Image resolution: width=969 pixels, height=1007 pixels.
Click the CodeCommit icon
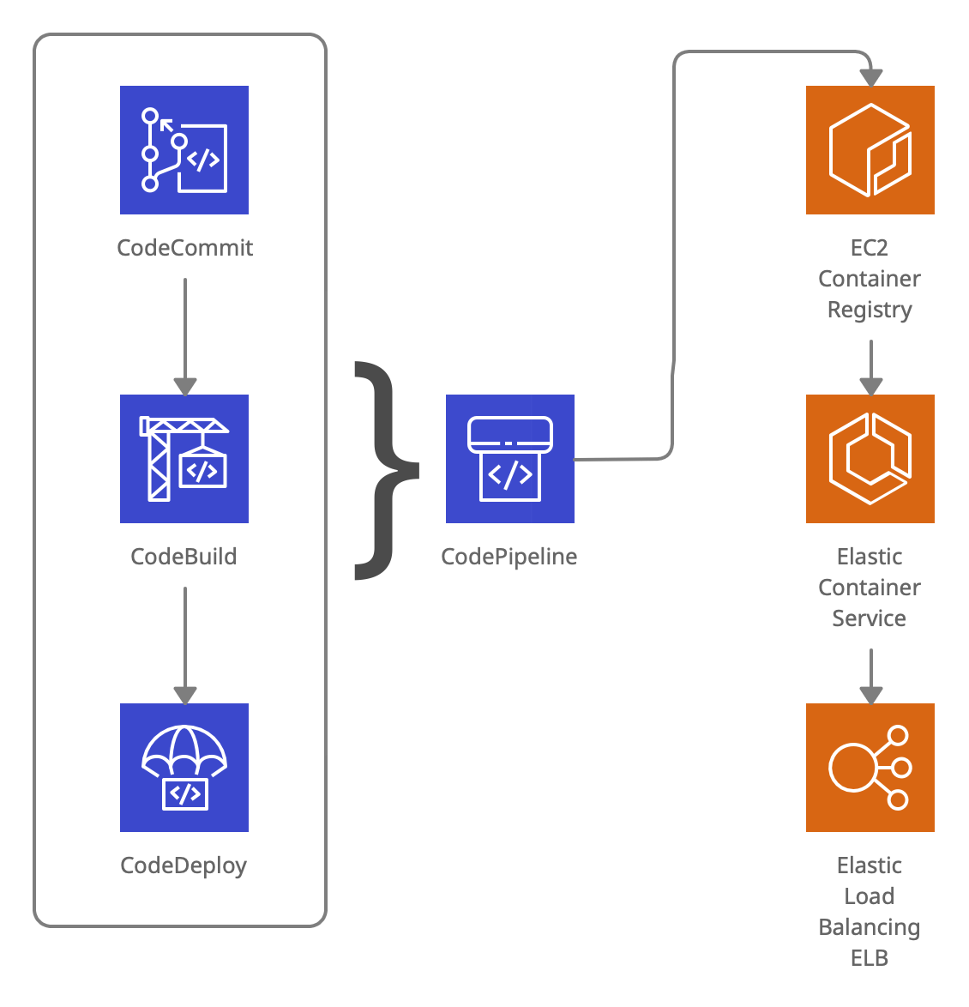184,150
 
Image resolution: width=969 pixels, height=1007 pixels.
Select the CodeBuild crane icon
184,459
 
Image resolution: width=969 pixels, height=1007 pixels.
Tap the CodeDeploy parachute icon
184,768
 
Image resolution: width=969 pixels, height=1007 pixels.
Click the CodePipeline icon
510,459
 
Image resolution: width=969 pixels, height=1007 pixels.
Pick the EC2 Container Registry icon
870,150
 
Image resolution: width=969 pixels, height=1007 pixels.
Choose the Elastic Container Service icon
870,459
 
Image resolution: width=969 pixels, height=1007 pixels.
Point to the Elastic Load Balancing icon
870,768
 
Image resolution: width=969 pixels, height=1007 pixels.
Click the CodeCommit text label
184,248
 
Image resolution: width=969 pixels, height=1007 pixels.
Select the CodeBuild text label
184,557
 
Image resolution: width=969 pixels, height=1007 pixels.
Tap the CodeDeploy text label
184,865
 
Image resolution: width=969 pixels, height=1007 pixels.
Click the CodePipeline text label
509,557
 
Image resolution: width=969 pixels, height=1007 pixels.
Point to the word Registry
870,310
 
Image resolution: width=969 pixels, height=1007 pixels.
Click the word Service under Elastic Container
870,618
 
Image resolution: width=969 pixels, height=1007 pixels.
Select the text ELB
870,958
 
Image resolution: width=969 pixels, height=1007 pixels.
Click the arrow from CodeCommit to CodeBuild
185,335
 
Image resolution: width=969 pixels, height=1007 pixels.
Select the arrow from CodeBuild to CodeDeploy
185,643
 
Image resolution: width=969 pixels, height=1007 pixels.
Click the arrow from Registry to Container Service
871,366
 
